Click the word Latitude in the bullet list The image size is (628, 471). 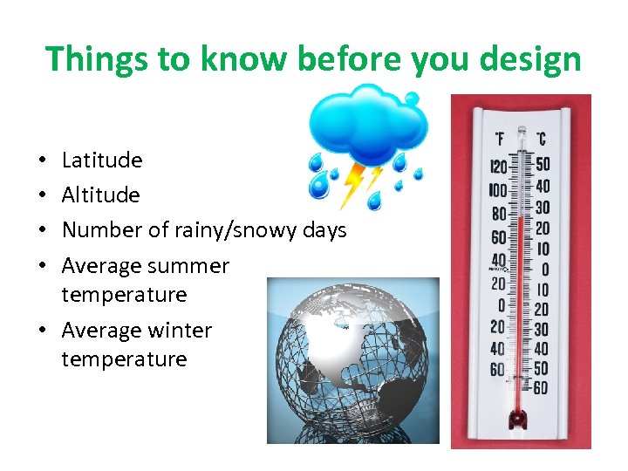pyautogui.click(x=102, y=160)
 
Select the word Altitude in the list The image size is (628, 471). pyautogui.click(x=100, y=195)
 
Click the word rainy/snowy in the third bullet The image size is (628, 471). pyautogui.click(x=232, y=230)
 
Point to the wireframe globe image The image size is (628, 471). pyautogui.click(x=352, y=360)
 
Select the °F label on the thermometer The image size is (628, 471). pyautogui.click(x=500, y=139)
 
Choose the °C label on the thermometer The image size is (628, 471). pyautogui.click(x=541, y=139)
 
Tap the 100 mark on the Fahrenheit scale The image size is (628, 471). pyautogui.click(x=497, y=190)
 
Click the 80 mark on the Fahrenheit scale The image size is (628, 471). pyautogui.click(x=499, y=214)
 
